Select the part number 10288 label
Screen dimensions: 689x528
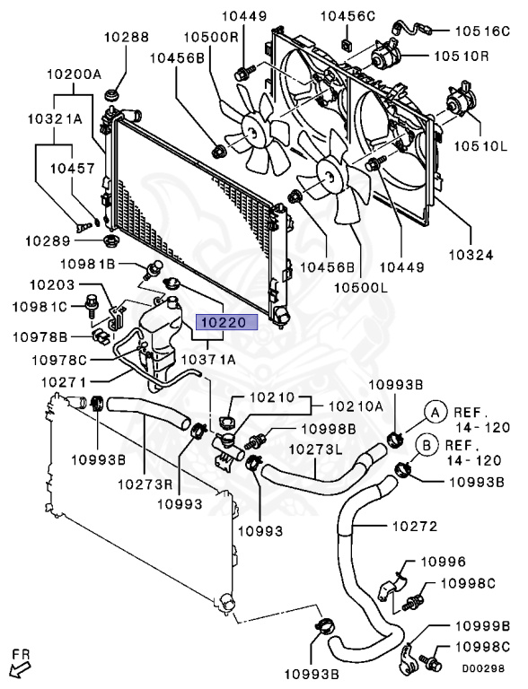click(x=126, y=38)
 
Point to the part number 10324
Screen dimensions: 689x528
click(x=471, y=255)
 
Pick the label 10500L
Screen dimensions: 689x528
click(x=361, y=287)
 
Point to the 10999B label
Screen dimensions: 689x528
click(x=482, y=626)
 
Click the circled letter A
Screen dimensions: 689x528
click(x=436, y=412)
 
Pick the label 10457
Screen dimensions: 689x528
click(x=72, y=168)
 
